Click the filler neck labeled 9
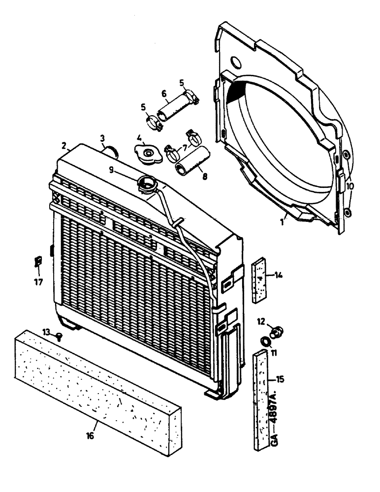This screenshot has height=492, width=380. (148, 186)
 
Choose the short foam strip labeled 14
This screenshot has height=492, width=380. (258, 280)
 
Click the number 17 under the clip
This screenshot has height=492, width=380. (37, 282)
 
